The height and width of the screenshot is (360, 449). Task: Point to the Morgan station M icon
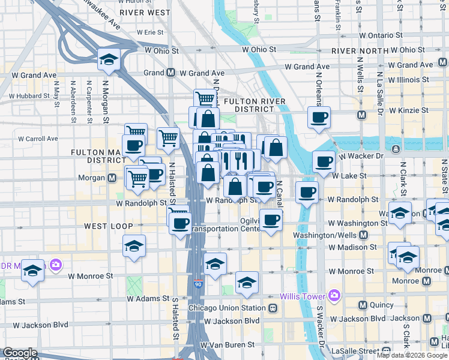(x=112, y=178)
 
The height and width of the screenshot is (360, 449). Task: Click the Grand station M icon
(x=170, y=73)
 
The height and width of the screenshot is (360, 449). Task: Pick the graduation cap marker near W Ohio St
(x=109, y=59)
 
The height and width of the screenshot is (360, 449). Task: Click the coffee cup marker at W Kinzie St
(x=319, y=117)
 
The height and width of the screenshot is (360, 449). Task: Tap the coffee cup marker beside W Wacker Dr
(x=324, y=161)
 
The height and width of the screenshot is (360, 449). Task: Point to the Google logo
(x=20, y=353)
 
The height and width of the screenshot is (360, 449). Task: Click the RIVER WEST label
(x=145, y=12)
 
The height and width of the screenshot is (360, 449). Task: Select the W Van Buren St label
(x=227, y=345)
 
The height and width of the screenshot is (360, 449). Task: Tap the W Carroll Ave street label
(x=38, y=139)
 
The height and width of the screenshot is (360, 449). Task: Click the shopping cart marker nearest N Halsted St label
(x=169, y=137)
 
